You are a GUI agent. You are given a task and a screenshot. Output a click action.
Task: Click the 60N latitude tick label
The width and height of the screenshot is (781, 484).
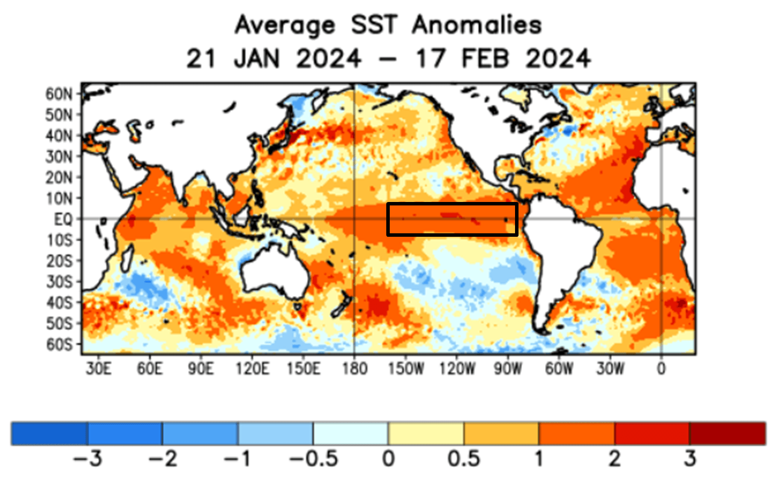pos(59,94)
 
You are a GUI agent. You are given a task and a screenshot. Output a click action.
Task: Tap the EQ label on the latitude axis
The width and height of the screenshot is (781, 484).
pos(63,219)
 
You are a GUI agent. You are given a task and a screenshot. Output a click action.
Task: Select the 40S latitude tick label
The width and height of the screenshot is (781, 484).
pos(59,303)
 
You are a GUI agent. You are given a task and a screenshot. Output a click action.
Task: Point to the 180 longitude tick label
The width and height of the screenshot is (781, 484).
pos(354,369)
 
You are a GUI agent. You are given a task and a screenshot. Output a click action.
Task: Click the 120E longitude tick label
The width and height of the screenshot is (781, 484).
pos(252,369)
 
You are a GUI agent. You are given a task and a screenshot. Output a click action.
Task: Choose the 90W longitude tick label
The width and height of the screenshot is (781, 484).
pos(508,369)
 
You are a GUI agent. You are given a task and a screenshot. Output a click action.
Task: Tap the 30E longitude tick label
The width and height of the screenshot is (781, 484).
pos(98,369)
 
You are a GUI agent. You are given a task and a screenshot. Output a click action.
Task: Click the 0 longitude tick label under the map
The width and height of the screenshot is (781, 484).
pos(661,369)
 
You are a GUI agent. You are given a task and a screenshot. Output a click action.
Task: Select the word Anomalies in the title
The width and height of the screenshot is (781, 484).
pos(477,25)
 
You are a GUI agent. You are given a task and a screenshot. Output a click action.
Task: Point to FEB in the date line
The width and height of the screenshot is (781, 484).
pos(485,59)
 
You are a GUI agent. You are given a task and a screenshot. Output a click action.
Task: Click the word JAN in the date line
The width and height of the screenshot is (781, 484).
pos(257,59)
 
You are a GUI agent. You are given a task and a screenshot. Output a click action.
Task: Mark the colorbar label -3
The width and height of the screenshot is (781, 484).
pos(87,459)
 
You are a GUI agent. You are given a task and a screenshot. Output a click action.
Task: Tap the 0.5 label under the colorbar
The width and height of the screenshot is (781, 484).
pos(463,459)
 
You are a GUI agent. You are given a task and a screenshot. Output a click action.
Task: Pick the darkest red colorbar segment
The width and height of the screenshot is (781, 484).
pos(727,433)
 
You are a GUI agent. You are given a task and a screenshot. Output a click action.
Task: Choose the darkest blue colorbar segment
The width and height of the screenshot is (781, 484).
pos(50,433)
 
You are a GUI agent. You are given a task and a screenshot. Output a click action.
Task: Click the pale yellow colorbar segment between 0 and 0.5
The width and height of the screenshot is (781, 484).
pos(426,433)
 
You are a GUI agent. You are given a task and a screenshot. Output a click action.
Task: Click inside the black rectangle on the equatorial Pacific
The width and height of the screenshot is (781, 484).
pos(452,219)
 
